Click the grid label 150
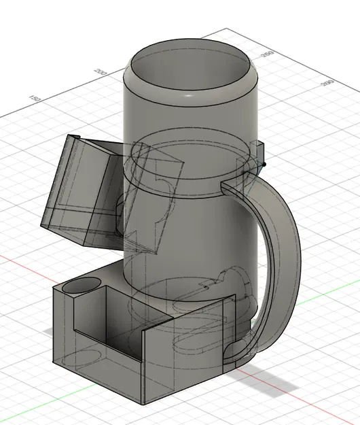(36, 99)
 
